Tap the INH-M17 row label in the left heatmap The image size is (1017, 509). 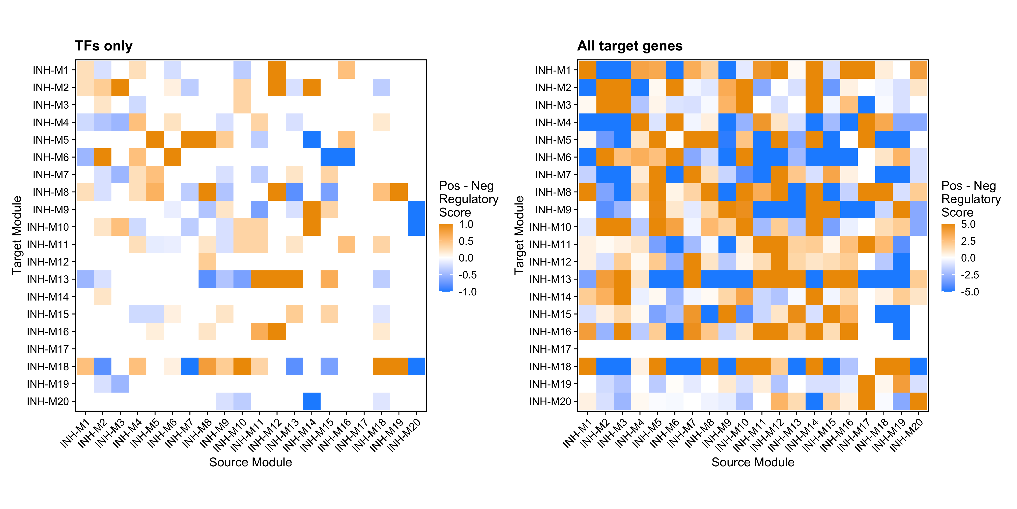48,349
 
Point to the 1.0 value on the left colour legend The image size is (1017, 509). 466,224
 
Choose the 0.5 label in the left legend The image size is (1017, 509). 466,241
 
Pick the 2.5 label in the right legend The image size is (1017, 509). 968,241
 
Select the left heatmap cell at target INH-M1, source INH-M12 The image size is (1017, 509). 277,70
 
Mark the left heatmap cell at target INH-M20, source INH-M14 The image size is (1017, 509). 311,401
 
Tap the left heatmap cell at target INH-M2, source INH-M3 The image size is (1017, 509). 120,87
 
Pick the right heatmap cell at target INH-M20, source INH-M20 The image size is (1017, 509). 919,401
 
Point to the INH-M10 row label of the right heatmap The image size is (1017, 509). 550,227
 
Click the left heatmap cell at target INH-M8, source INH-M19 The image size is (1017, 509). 399,192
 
